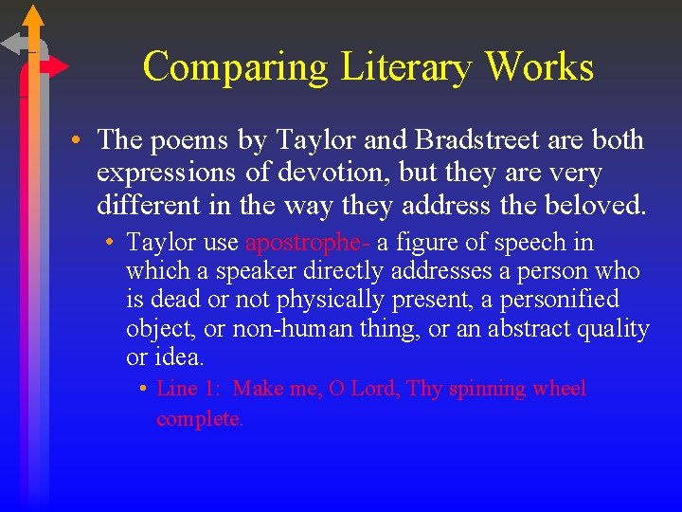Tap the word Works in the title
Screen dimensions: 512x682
click(x=540, y=67)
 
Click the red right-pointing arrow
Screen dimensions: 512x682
click(x=55, y=66)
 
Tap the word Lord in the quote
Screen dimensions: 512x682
click(x=378, y=389)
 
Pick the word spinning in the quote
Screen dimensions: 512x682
click(x=487, y=389)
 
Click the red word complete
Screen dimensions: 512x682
click(x=200, y=418)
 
